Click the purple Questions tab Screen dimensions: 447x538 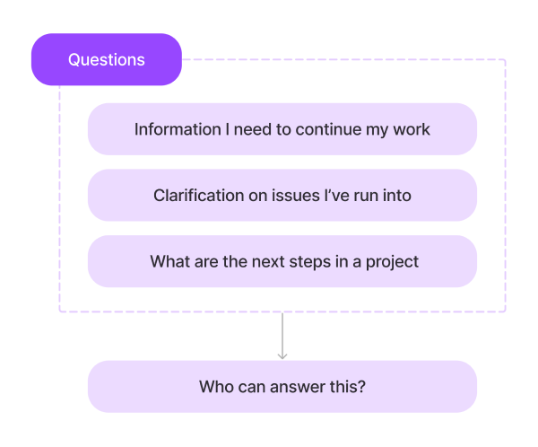pyautogui.click(x=107, y=60)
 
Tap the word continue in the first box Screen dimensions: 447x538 pyautogui.click(x=329, y=129)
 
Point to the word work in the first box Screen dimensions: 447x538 pyautogui.click(x=412, y=129)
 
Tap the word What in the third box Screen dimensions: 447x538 pyautogui.click(x=169, y=262)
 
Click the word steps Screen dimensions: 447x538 pyautogui.click(x=326, y=262)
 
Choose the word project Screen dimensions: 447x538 pyautogui.click(x=393, y=262)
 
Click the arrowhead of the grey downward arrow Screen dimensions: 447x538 pyautogui.click(x=282, y=355)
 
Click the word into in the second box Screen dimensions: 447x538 pyautogui.click(x=397, y=195)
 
